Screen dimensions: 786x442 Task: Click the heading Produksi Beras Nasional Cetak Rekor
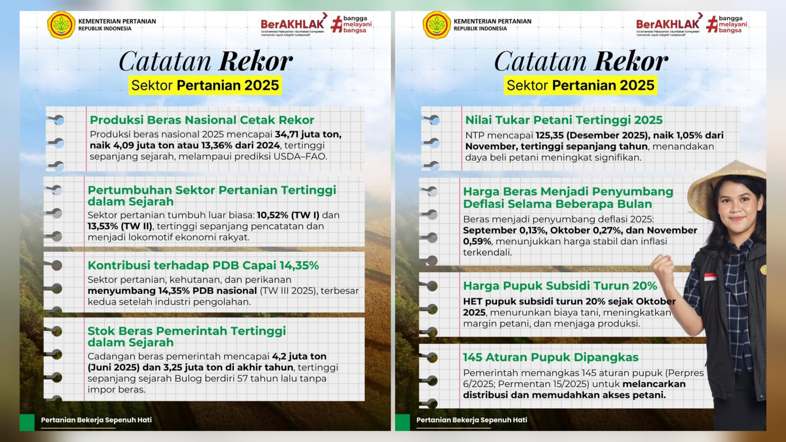202,120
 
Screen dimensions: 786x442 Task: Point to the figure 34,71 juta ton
308,135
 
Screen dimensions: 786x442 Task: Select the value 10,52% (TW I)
288,215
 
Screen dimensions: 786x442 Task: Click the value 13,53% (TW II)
120,226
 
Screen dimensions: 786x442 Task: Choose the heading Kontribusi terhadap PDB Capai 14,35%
203,266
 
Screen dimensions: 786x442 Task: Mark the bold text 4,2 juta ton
299,356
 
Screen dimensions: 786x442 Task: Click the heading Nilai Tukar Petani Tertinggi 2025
564,120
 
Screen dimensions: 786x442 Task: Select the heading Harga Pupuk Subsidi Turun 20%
560,286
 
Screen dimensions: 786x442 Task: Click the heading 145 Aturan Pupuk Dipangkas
551,357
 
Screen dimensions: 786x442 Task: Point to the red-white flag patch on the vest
710,277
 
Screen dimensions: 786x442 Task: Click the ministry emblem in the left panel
61,25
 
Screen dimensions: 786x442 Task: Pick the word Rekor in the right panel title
631,61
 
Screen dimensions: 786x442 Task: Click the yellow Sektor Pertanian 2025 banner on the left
205,85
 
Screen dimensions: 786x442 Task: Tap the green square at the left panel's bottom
27,422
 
